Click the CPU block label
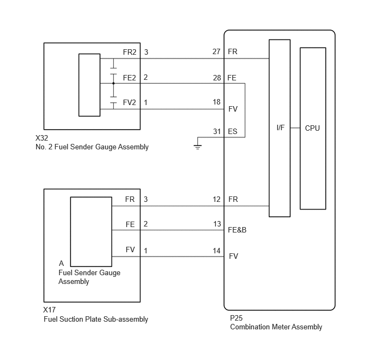click(312, 128)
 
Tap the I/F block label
click(280, 127)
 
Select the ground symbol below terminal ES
click(198, 147)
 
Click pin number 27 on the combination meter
click(216, 51)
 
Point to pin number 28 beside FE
click(217, 78)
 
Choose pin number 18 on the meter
click(216, 102)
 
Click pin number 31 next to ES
click(217, 131)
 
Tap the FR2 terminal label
click(130, 52)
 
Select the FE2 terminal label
click(130, 78)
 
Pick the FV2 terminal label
click(130, 102)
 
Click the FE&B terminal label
click(237, 230)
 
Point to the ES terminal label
click(233, 131)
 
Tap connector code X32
click(42, 138)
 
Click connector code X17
click(49, 310)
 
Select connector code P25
click(237, 318)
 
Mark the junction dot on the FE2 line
click(114, 83)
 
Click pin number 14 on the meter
click(216, 251)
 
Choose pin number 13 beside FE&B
click(217, 224)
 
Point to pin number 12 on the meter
click(216, 199)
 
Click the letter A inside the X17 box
click(61, 263)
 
